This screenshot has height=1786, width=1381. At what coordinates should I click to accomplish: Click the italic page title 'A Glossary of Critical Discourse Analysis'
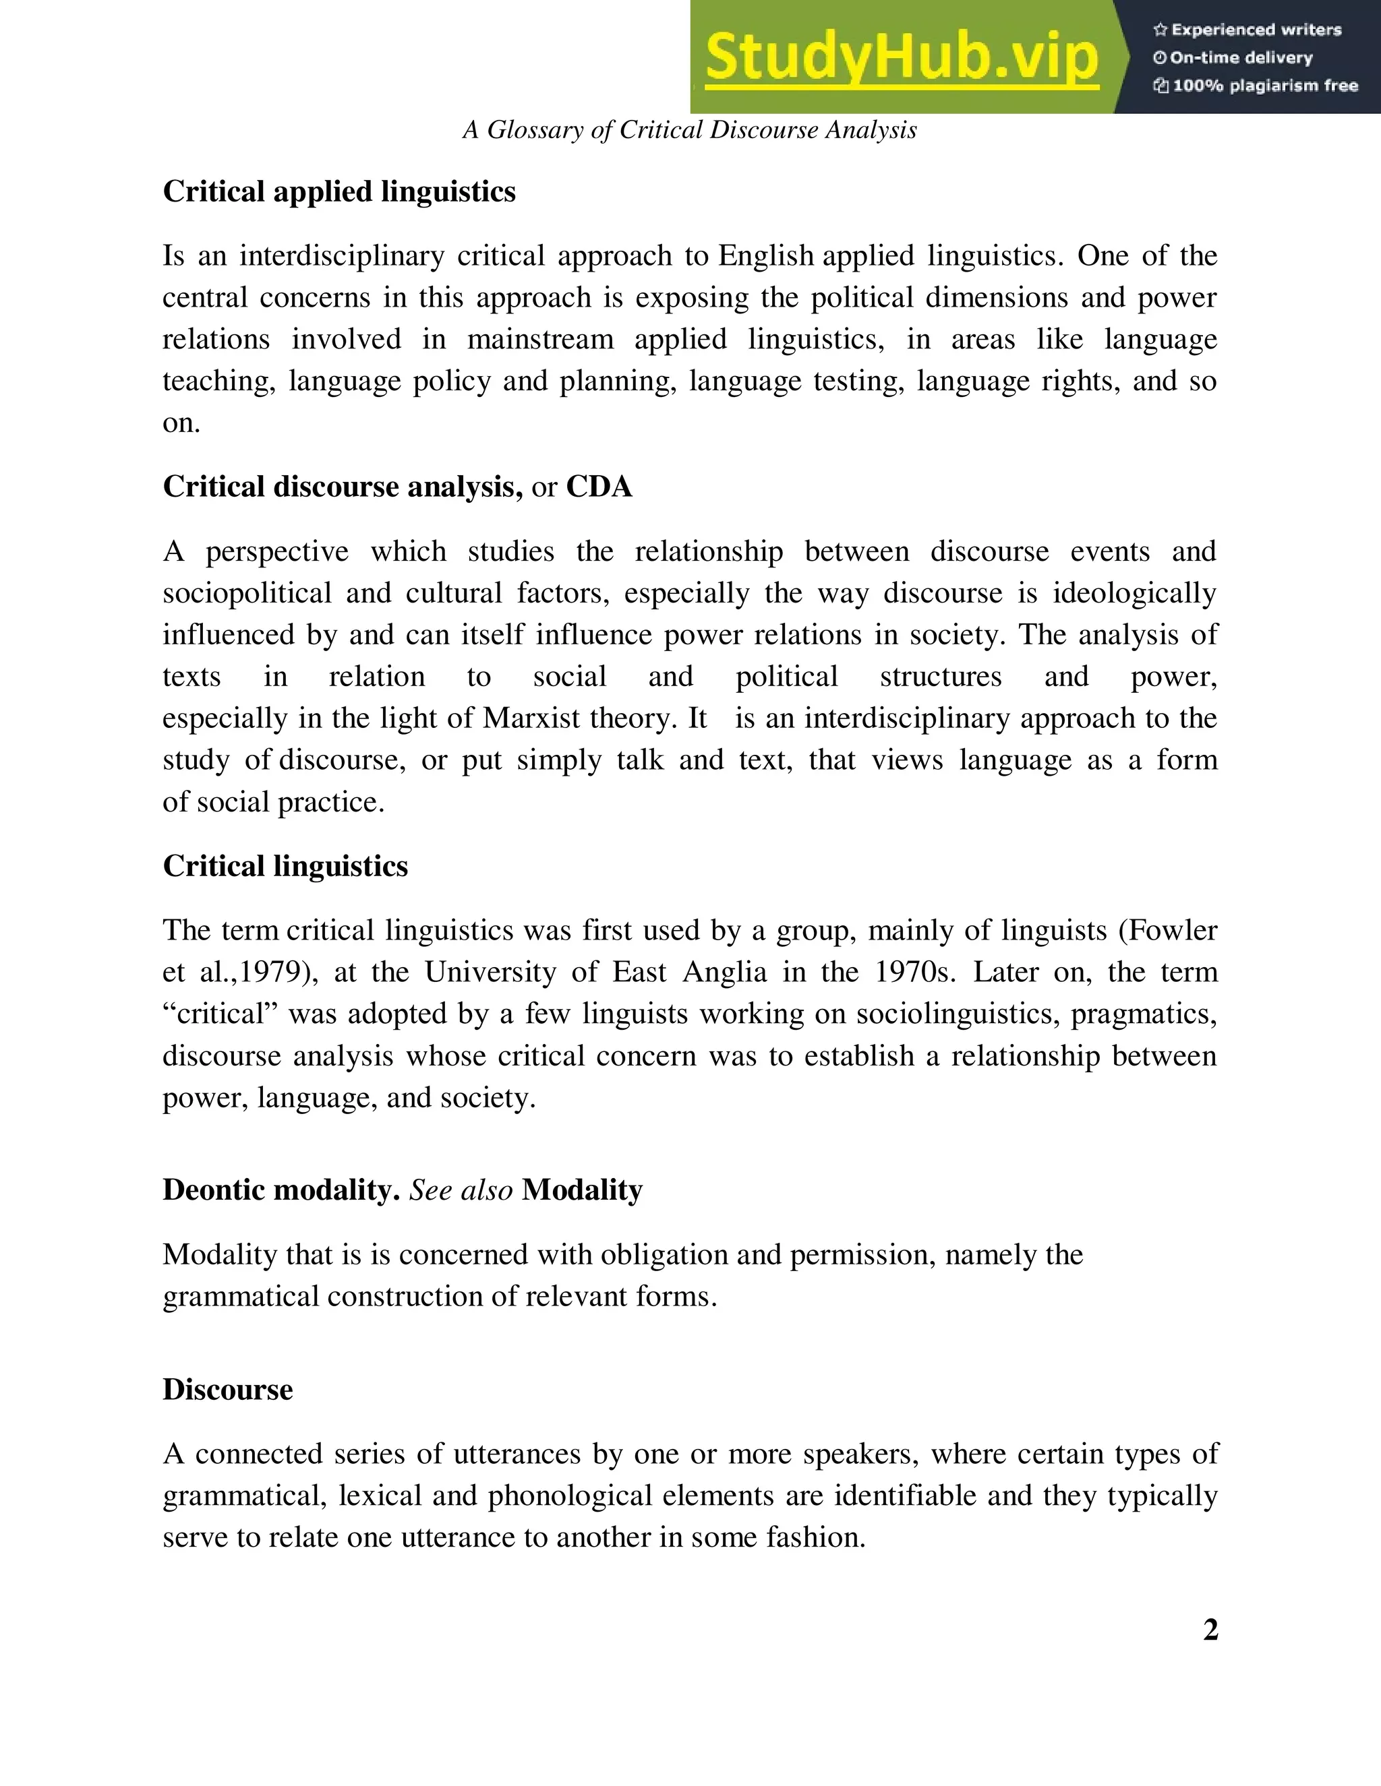click(690, 130)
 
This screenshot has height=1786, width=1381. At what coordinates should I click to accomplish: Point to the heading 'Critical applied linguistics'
click(339, 191)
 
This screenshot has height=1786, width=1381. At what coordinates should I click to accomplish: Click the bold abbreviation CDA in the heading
click(599, 487)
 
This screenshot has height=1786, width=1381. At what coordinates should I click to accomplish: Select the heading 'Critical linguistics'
click(285, 866)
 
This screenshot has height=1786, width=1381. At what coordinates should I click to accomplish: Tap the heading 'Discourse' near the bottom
click(227, 1390)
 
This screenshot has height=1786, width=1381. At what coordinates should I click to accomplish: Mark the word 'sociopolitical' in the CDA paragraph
click(247, 593)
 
